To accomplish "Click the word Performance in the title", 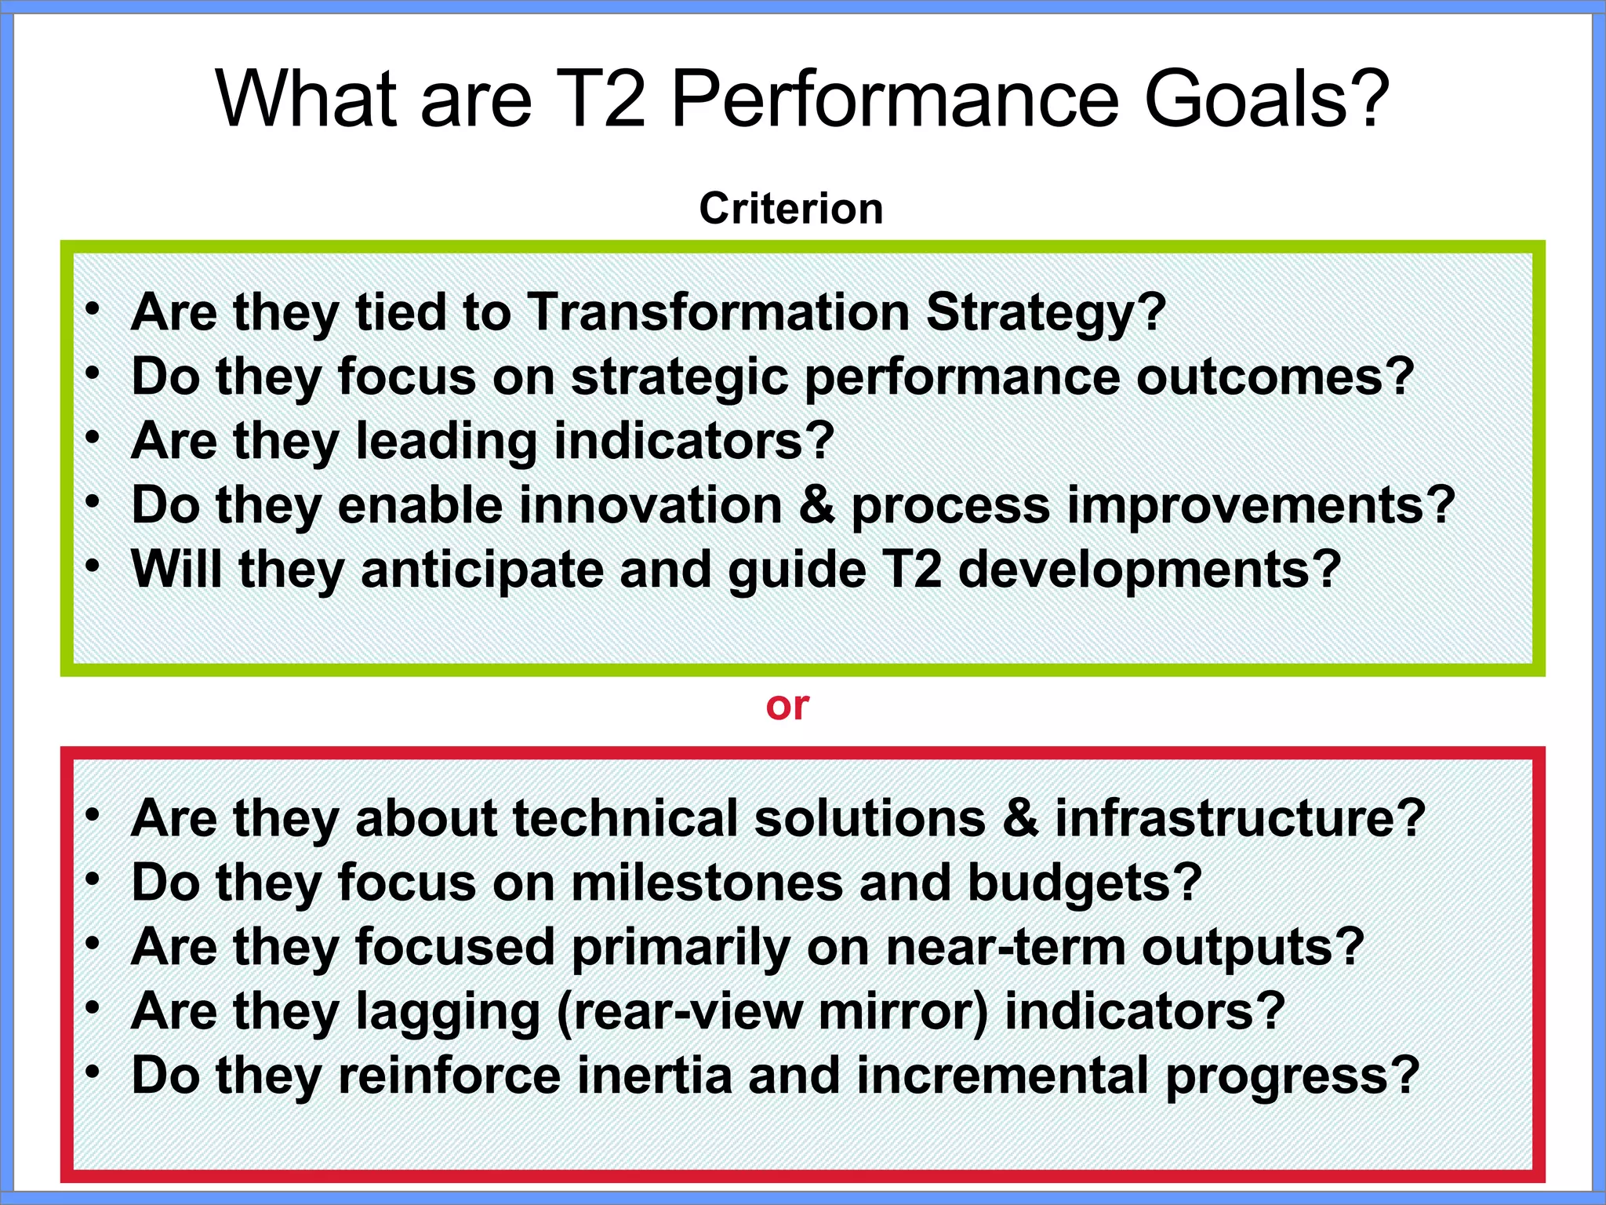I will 895,100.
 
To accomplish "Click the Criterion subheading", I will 790,209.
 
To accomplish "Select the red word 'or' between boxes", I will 787,706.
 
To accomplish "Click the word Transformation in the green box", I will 718,312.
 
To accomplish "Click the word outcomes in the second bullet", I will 1274,377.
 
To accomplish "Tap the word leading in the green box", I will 446,442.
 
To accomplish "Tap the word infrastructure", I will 1239,818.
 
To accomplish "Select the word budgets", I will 1084,884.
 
